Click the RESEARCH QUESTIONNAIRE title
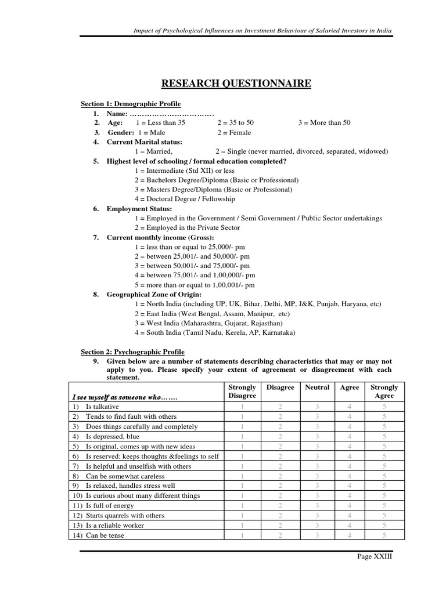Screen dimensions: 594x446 coord(236,84)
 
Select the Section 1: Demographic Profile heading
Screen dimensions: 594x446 coord(131,104)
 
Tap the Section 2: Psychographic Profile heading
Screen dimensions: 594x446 coord(132,352)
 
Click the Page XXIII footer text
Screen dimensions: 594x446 coord(375,556)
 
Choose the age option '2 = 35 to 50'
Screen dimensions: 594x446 coord(236,123)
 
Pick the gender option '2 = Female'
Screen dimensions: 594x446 coord(235,133)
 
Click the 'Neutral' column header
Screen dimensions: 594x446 coord(317,387)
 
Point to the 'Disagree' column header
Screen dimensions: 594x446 coord(280,387)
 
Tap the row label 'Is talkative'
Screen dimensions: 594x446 coord(102,407)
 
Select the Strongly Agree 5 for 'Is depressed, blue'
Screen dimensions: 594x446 coord(384,436)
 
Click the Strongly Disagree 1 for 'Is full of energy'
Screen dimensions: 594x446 coord(242,506)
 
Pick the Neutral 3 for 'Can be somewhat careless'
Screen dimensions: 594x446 coord(317,476)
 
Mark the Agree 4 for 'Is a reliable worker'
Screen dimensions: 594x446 coord(350,526)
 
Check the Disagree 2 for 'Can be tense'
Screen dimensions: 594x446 coord(280,535)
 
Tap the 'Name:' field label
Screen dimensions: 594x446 coord(117,114)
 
